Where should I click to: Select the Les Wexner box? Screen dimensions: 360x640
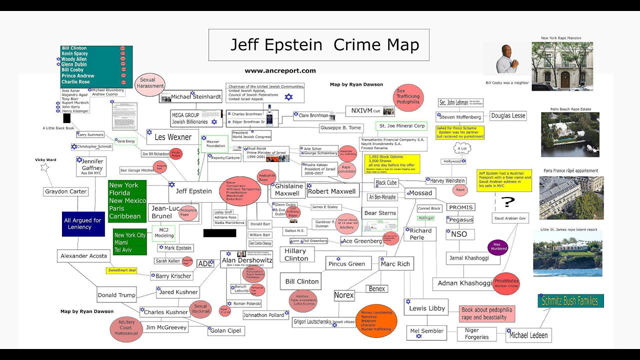173,137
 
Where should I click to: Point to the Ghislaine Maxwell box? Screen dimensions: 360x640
288,190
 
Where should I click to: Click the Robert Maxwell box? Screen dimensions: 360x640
331,190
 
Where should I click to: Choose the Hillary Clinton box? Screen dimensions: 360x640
295,257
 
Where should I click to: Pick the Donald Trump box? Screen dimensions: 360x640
117,296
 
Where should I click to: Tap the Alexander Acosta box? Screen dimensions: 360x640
84,257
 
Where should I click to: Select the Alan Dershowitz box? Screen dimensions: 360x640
247,259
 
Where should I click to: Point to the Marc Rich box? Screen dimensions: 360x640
396,264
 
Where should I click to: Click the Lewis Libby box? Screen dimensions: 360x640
427,309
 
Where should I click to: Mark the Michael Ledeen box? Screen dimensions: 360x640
527,335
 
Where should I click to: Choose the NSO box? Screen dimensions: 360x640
458,234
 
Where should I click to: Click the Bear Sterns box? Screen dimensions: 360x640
380,213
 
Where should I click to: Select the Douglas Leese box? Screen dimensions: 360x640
508,116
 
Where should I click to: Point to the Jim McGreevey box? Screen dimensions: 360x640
166,327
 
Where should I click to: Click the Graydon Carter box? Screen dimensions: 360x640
66,191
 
